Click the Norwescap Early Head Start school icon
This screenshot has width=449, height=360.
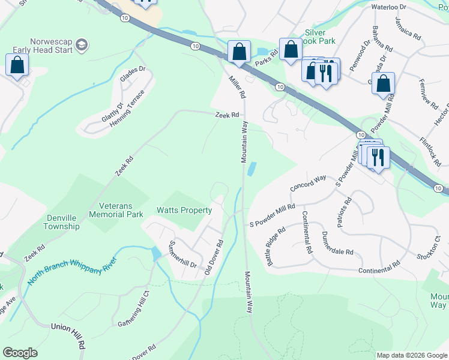click(82, 44)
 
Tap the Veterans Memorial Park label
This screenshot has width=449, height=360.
click(119, 210)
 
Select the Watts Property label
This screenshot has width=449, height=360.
click(184, 211)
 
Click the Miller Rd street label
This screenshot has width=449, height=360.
click(237, 86)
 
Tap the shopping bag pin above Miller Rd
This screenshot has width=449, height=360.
click(239, 52)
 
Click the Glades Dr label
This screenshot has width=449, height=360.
click(133, 77)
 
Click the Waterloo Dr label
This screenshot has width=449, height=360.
click(389, 7)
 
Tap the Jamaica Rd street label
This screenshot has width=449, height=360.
click(408, 28)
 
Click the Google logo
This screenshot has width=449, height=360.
click(20, 353)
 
